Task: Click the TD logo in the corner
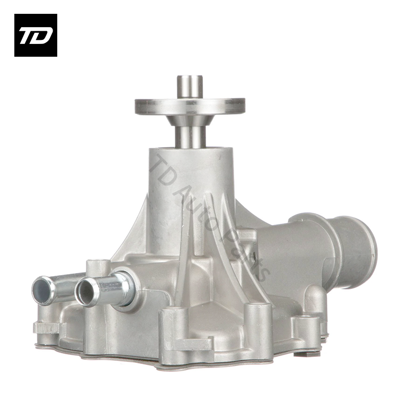point(36,35)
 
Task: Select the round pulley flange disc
point(190,106)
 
